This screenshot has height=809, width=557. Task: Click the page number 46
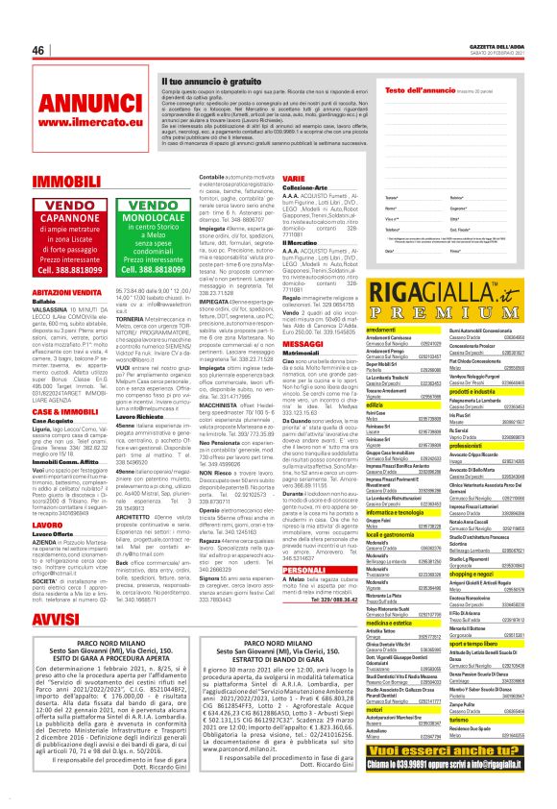(x=38, y=50)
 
